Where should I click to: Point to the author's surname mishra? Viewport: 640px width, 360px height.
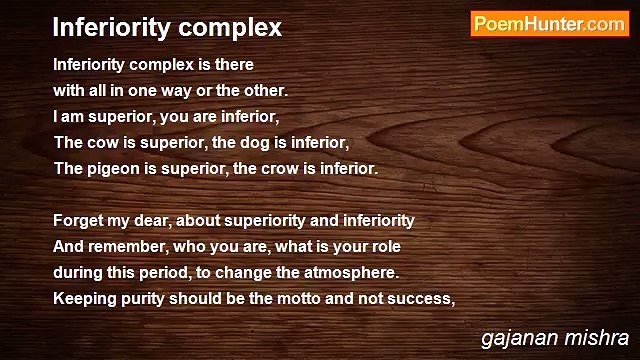[x=598, y=338]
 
